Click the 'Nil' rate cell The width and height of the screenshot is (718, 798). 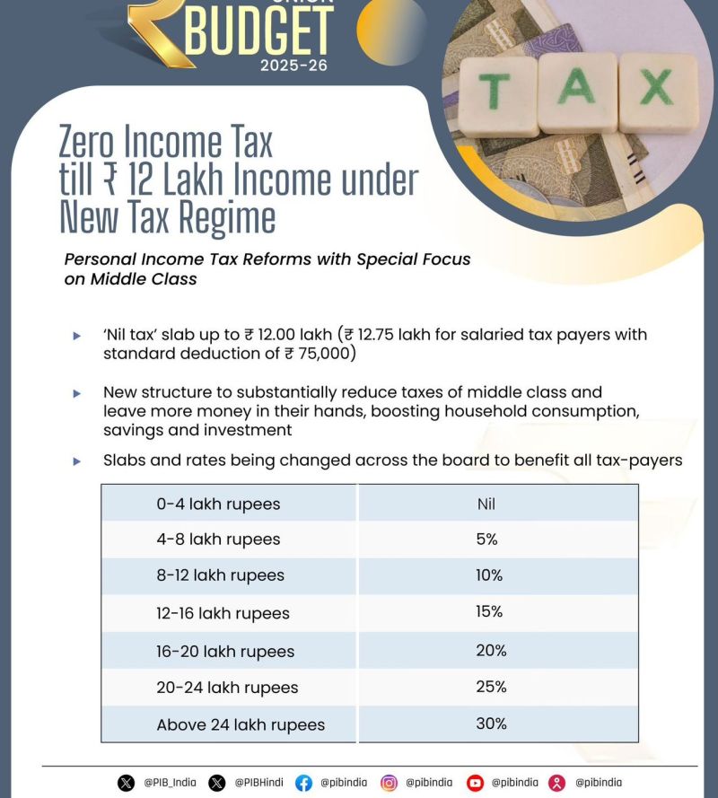(486, 504)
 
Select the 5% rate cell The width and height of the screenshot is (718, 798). (486, 539)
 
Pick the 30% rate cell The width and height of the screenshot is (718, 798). (491, 723)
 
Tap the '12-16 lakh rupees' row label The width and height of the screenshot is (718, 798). (223, 613)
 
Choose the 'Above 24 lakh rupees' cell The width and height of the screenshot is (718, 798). (241, 724)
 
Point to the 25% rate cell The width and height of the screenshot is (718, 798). (491, 687)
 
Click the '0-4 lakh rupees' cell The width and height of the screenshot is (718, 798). (218, 504)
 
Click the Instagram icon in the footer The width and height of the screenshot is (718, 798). (389, 783)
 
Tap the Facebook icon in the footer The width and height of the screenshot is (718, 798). (304, 783)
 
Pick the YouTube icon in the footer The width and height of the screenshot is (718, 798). (475, 783)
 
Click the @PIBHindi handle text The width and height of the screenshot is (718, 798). (258, 783)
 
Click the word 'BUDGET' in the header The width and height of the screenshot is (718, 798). (259, 29)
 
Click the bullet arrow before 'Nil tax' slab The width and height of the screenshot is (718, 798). (77, 336)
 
